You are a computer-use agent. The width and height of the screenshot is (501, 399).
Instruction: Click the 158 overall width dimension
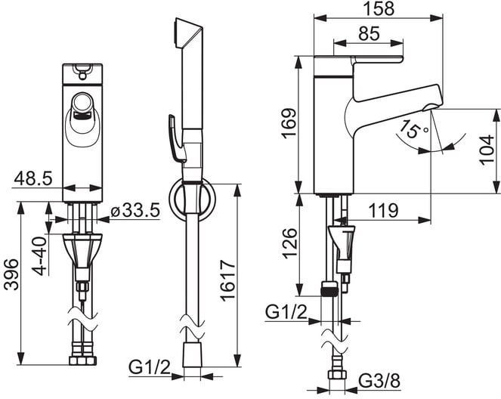[x=379, y=8]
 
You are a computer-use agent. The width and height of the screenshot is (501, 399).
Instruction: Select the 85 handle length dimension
[x=369, y=33]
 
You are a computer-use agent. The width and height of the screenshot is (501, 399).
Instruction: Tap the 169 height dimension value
[x=289, y=123]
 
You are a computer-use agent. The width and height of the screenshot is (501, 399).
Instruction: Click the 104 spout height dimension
[x=487, y=150]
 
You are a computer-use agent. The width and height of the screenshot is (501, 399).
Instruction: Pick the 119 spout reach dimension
[x=383, y=210]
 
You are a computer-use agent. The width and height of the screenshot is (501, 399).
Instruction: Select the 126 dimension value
[x=289, y=243]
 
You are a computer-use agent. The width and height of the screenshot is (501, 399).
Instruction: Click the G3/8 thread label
[x=379, y=381]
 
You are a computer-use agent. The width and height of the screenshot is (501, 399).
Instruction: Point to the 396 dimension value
[x=11, y=275]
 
